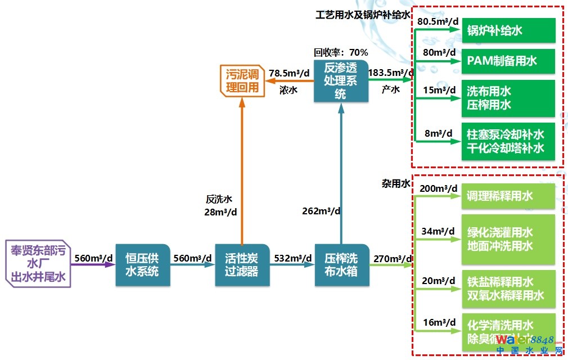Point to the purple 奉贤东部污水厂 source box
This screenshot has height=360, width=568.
point(38,263)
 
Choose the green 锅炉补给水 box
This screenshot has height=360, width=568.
point(508,30)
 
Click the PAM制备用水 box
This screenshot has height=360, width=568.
point(508,61)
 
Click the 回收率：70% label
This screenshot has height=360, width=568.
point(341,52)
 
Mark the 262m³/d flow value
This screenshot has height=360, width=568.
point(321,211)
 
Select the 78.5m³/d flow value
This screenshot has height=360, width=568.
point(289,73)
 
